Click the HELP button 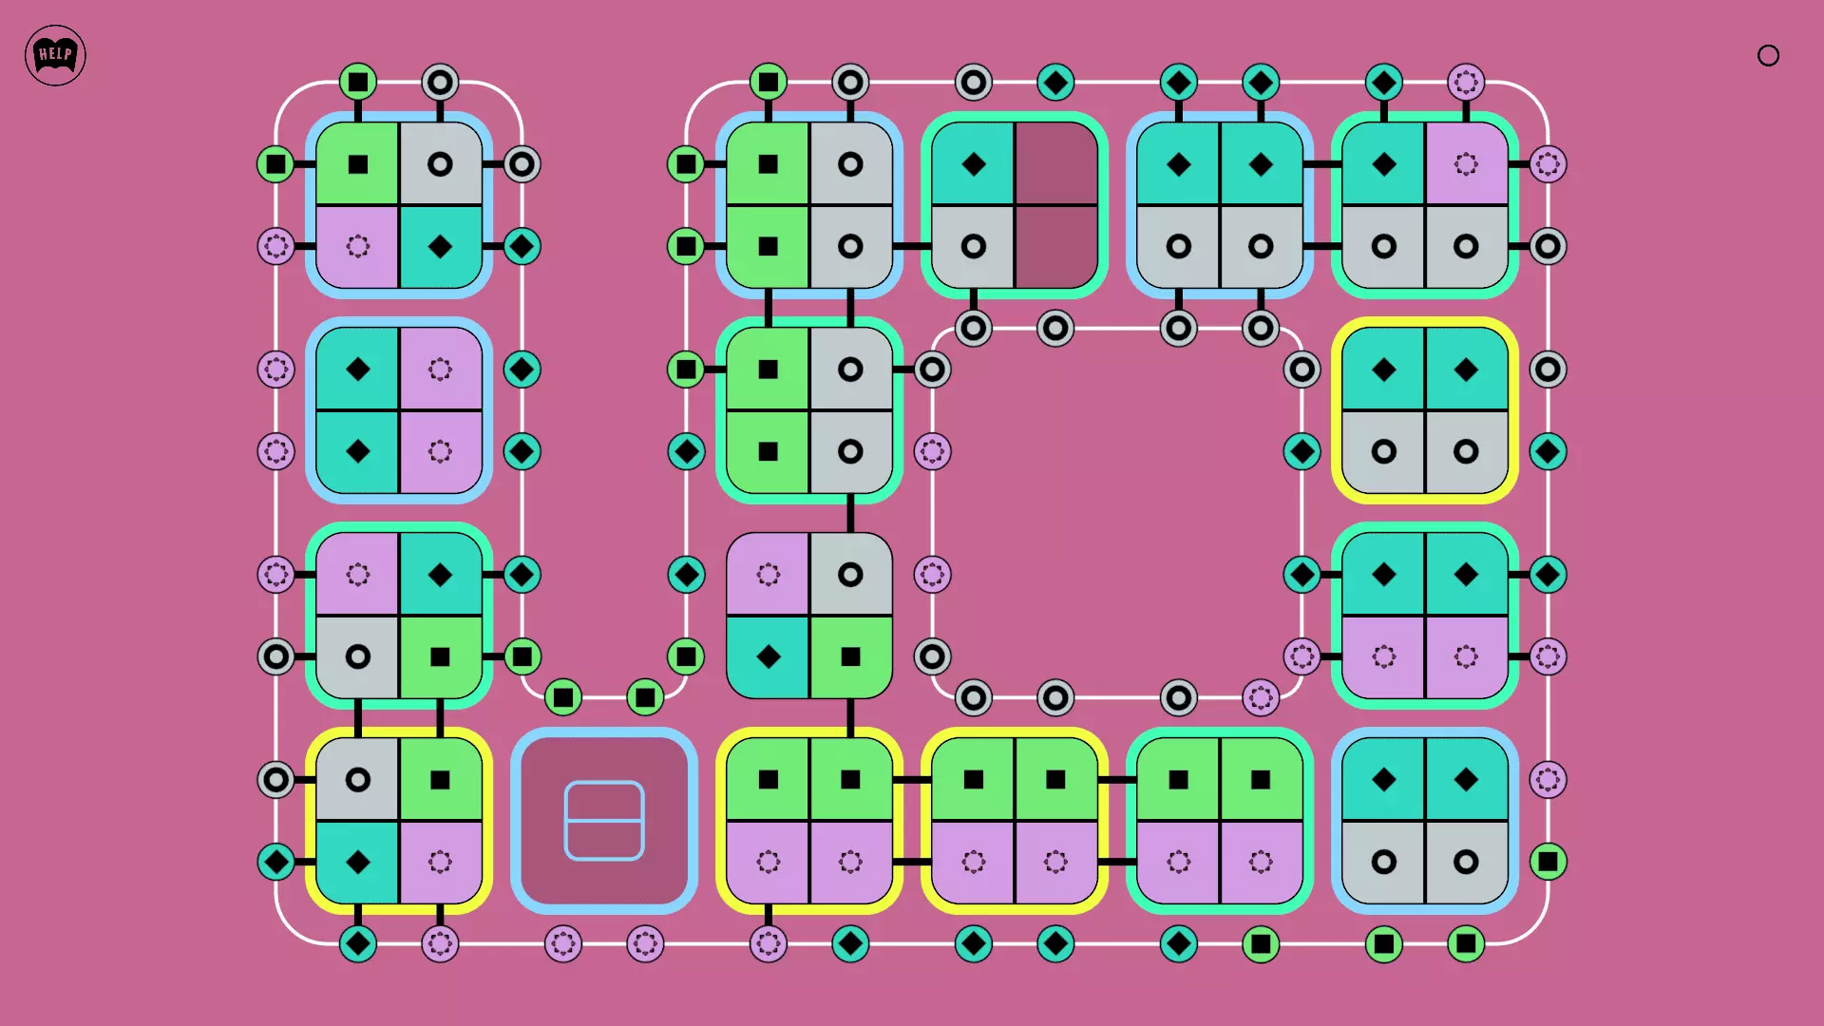55,55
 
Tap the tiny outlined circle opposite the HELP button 1768,56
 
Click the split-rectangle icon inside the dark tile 604,821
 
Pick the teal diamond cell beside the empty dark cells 973,163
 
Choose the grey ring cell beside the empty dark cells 973,247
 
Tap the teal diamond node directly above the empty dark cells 1055,83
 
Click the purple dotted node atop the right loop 1466,83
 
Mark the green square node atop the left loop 358,83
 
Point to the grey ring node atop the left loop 440,83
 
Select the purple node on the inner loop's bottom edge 1261,698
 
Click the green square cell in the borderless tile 850,656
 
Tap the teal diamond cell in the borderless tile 769,656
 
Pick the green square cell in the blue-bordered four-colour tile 358,164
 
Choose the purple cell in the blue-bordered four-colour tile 358,247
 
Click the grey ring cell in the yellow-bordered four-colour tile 358,780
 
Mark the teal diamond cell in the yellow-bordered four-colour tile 358,863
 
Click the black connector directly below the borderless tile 850,717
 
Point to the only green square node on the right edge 1548,863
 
